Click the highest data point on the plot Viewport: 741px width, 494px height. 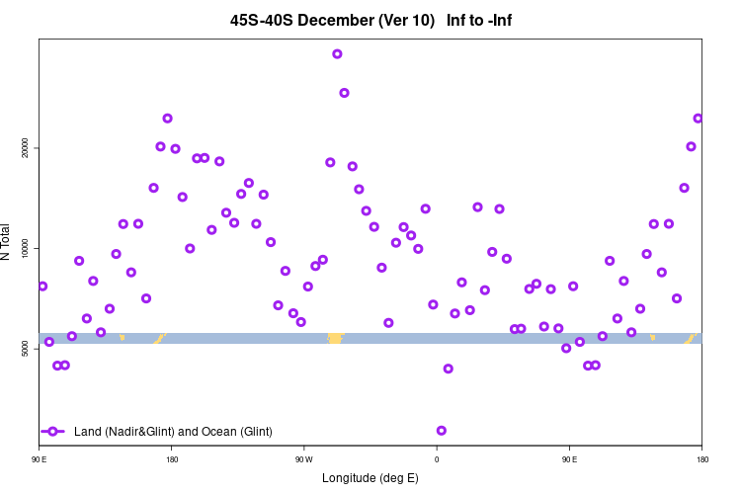(x=337, y=54)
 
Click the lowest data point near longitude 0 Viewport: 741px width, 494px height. (x=442, y=431)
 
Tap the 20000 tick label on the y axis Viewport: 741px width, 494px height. (x=25, y=147)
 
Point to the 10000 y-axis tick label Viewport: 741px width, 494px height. (x=25, y=248)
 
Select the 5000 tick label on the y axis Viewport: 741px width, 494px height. (x=25, y=348)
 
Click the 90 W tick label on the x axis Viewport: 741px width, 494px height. (x=303, y=458)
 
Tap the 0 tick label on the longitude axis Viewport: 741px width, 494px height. (x=436, y=458)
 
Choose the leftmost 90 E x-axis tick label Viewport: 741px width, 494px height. (x=39, y=458)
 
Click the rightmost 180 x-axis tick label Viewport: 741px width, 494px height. (x=701, y=458)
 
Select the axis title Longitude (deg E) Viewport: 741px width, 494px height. (x=370, y=478)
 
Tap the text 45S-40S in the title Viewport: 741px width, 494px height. (x=262, y=20)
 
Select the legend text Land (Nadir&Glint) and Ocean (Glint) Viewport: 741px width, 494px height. (x=173, y=432)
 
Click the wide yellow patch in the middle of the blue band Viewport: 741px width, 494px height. (x=335, y=339)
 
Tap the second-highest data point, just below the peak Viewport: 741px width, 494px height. (x=344, y=93)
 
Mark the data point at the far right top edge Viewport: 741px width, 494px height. (x=698, y=119)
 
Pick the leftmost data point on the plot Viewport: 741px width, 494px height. (x=42, y=287)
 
